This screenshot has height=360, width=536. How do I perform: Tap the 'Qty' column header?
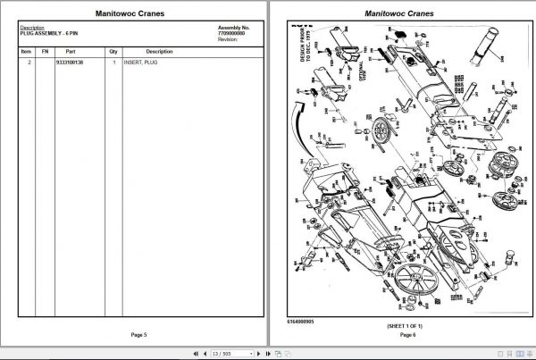pos(113,52)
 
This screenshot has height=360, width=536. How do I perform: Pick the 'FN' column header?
pos(44,52)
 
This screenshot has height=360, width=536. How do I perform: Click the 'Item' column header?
pos(26,52)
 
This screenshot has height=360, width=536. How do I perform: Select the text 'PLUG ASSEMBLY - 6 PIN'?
pos(47,32)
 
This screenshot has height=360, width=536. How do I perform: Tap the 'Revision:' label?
pos(230,39)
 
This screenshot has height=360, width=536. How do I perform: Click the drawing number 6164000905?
pos(302,320)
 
